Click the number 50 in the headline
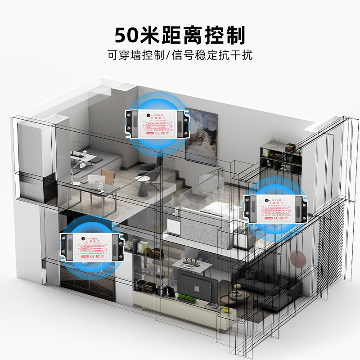(x=126, y=35)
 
